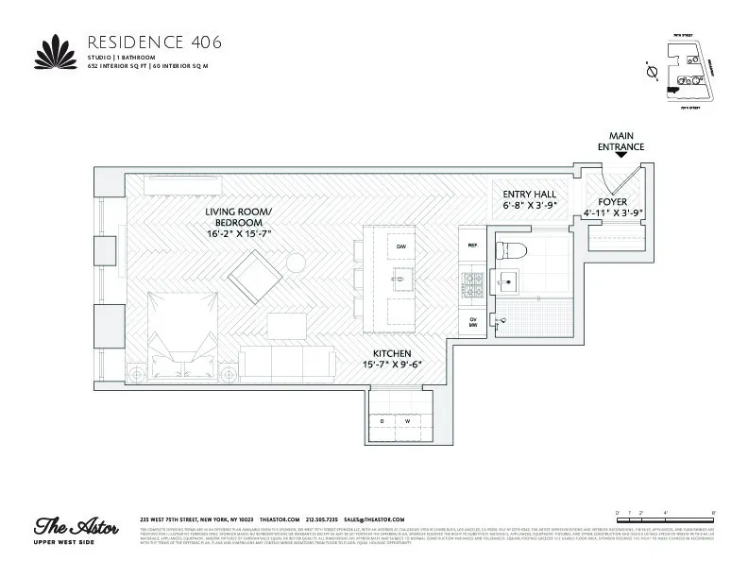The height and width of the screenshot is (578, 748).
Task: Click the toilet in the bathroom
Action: (512, 249)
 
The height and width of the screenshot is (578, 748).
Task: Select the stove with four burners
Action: (471, 280)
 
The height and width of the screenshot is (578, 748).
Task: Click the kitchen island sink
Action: (400, 280)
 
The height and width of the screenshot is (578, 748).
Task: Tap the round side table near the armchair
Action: (296, 262)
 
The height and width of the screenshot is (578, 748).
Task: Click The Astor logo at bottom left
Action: (76, 528)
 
